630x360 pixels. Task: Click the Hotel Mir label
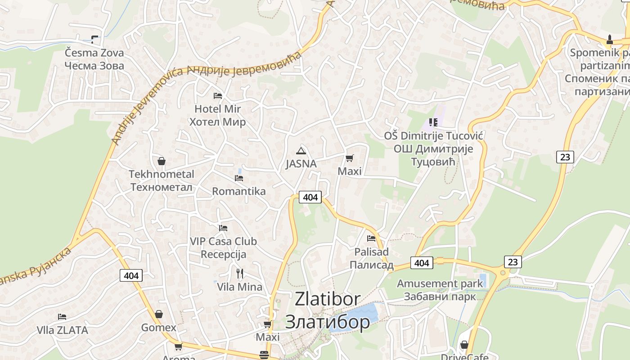pos(217,109)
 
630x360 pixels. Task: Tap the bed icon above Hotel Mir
pos(218,96)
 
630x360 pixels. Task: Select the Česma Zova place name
pos(94,53)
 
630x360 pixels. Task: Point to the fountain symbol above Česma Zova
pos(94,39)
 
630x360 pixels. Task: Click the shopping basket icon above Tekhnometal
pos(161,161)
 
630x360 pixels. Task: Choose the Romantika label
pos(238,191)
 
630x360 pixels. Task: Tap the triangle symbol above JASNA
pos(301,150)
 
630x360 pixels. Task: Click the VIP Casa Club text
pos(223,241)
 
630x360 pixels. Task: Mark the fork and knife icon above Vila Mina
pos(240,273)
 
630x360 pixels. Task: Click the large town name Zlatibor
pos(328,299)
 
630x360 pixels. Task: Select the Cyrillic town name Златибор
pos(328,321)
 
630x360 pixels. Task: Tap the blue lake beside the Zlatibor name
pos(355,316)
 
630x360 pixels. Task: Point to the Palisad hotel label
pos(371,252)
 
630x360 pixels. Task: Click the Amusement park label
pos(440,283)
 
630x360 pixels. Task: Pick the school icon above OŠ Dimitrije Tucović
pos(433,122)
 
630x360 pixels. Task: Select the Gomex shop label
pos(158,328)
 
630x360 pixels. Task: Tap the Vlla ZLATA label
pos(63,330)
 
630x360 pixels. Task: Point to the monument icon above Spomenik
pos(610,39)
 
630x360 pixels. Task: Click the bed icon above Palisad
pos(371,238)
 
